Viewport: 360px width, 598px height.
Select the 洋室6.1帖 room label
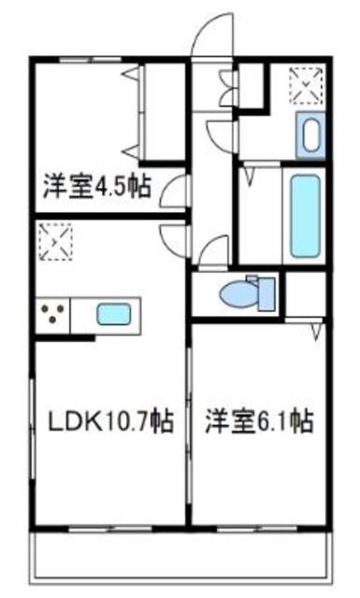point(259,421)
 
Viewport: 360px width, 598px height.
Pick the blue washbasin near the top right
point(310,135)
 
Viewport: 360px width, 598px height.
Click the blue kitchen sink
point(116,315)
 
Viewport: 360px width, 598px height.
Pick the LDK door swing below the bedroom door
point(174,237)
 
